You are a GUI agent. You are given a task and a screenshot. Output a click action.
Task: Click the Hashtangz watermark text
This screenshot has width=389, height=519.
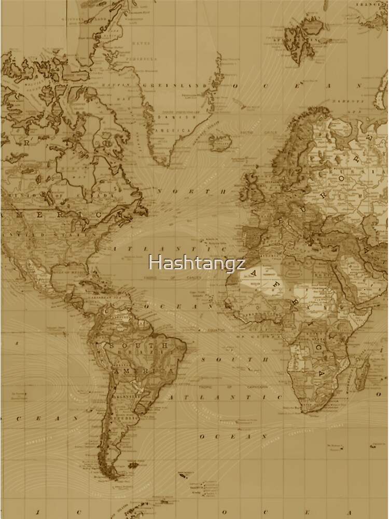[197, 263]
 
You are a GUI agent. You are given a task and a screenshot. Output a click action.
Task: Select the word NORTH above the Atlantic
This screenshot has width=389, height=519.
[192, 192]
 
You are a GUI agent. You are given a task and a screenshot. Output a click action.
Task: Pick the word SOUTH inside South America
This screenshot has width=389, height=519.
[138, 345]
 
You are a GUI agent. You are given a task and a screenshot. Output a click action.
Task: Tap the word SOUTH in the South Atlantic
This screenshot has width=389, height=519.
[233, 359]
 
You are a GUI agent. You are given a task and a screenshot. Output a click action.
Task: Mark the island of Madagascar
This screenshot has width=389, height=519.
[362, 373]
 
